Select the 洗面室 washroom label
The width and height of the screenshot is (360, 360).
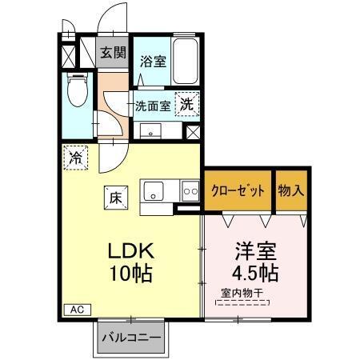pyautogui.click(x=152, y=104)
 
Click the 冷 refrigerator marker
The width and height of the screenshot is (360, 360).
pyautogui.click(x=75, y=157)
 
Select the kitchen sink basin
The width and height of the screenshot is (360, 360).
pyautogui.click(x=154, y=191)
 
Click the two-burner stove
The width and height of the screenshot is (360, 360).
pyautogui.click(x=190, y=191)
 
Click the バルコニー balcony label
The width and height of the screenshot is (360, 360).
pyautogui.click(x=131, y=338)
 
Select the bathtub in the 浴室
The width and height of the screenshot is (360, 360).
pyautogui.click(x=184, y=59)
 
